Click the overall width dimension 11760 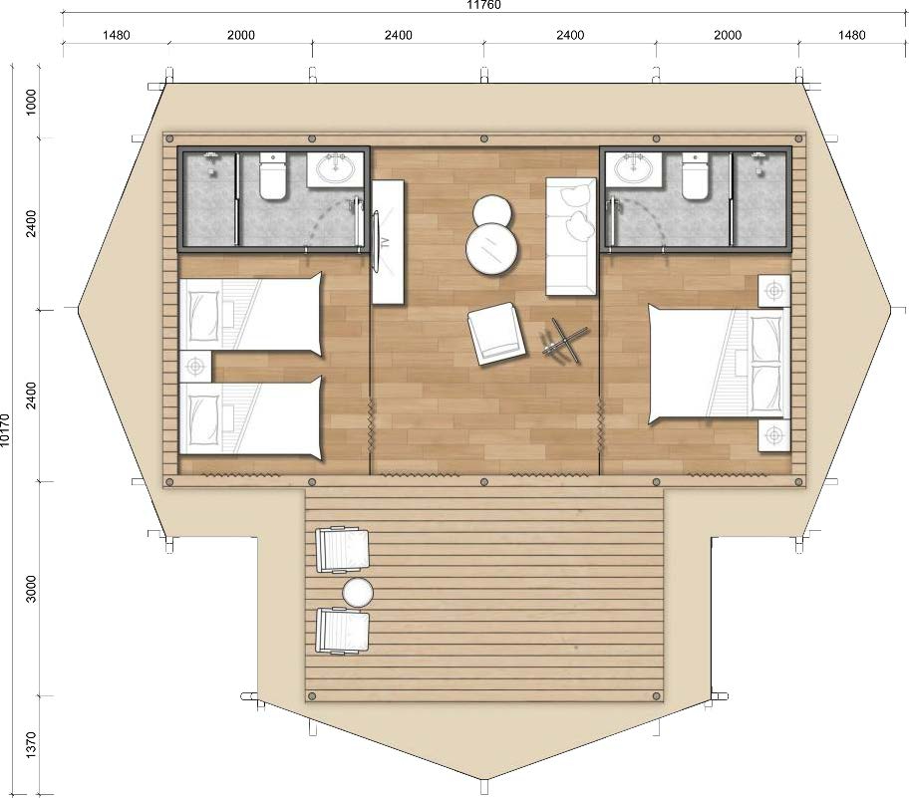pos(483,5)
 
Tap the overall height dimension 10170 pos(5,429)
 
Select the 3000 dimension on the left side pos(31,588)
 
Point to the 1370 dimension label pos(31,744)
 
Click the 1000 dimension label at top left pos(31,102)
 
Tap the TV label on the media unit pos(386,242)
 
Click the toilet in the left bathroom pos(272,175)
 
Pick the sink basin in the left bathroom pos(335,168)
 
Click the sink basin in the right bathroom pos(634,168)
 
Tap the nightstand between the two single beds pos(194,367)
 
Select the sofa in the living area pos(571,236)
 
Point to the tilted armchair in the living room pos(496,333)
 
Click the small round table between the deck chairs pos(358,593)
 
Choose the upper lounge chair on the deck pos(342,549)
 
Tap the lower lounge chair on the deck pos(342,631)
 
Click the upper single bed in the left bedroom pos(250,314)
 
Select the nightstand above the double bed pos(774,290)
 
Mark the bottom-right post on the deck pos(656,696)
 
